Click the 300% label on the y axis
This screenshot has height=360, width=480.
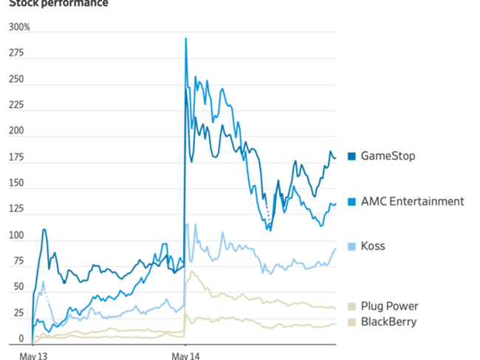19,27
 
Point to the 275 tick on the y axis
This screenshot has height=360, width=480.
16,53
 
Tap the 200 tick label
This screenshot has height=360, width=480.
16,132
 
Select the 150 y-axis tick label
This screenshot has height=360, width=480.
16,183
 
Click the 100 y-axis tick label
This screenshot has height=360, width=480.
16,236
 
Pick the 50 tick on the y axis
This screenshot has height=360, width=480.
18,288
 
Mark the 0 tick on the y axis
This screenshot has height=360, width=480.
21,339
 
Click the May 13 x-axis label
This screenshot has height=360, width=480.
33,355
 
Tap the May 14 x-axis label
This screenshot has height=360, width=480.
185,355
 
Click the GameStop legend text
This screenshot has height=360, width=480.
388,156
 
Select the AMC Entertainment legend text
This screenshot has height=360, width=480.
412,201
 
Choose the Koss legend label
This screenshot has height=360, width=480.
373,246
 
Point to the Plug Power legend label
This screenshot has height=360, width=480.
389,306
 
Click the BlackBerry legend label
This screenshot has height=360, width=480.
388,322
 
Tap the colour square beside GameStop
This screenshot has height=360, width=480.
352,156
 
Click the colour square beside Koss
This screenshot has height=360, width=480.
352,246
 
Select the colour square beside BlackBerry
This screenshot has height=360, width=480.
352,322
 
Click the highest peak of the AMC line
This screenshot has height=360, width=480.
185,38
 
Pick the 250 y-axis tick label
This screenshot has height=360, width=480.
16,79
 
